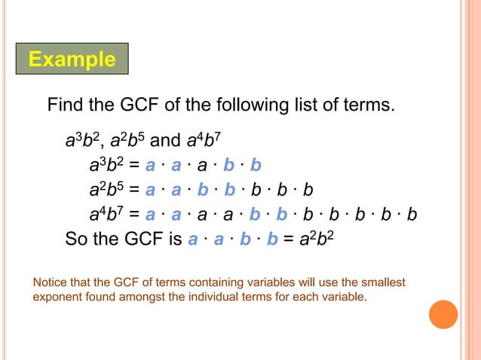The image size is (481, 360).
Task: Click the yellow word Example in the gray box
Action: (72, 59)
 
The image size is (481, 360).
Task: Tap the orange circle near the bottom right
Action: (443, 314)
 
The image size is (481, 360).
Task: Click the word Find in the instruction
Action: (68, 104)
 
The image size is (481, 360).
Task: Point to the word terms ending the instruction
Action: (367, 104)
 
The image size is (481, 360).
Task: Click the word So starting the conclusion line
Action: (77, 240)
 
